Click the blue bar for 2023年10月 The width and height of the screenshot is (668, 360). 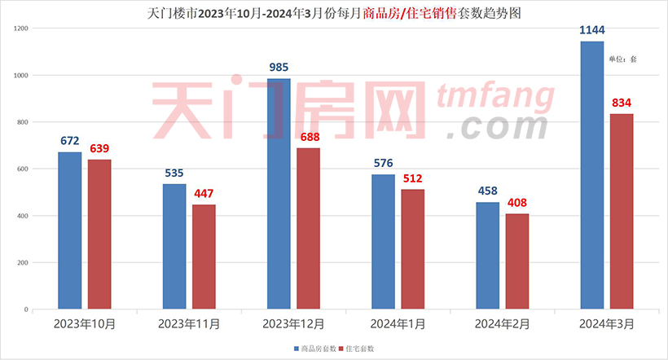70,230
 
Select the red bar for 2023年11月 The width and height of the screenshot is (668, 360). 204,257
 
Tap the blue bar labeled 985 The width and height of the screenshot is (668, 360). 279,194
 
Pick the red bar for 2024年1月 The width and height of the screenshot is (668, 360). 412,249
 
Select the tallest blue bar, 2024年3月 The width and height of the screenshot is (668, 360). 592,175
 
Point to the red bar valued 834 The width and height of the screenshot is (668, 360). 622,212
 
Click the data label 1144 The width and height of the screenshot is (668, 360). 592,30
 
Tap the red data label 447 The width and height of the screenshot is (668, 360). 204,193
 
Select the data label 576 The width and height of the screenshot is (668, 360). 384,163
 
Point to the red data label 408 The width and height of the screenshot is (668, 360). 517,202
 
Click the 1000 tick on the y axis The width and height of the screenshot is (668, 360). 21,76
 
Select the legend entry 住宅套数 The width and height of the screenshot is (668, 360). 361,348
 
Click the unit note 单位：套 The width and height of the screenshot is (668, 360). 622,59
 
